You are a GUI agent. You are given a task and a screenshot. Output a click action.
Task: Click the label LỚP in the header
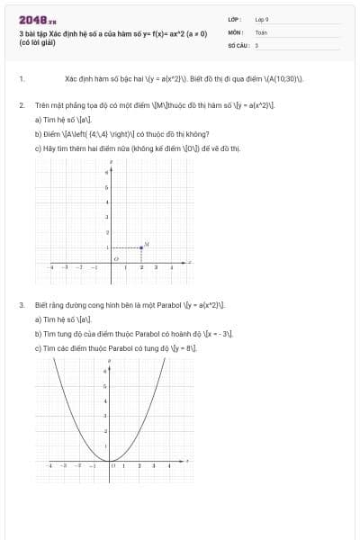pyautogui.click(x=234, y=19)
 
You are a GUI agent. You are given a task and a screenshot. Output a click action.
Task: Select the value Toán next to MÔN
pyautogui.click(x=261, y=31)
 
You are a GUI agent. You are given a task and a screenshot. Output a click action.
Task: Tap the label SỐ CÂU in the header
pyautogui.click(x=238, y=44)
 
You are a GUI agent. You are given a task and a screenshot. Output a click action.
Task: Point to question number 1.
pyautogui.click(x=21, y=79)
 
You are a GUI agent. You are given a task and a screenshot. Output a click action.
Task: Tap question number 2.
pyautogui.click(x=21, y=105)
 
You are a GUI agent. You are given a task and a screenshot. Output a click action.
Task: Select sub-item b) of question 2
pyautogui.click(x=38, y=131)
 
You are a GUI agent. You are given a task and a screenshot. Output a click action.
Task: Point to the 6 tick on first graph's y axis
pyautogui.click(x=107, y=172)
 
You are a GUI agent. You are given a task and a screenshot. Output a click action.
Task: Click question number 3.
pyautogui.click(x=21, y=305)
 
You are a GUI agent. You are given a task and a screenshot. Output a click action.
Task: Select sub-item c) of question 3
pyautogui.click(x=38, y=347)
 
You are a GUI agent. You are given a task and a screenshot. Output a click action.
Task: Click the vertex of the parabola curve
pyautogui.click(x=110, y=461)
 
